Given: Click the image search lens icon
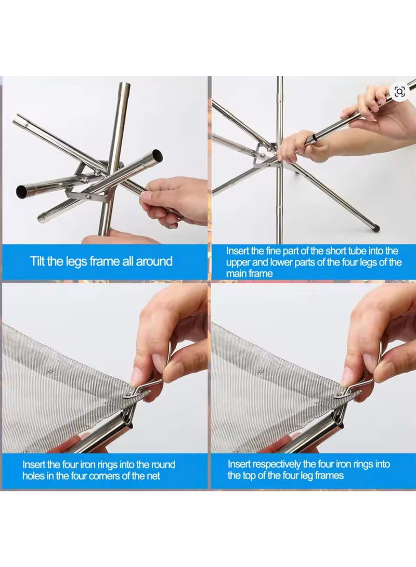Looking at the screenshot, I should coord(399,92).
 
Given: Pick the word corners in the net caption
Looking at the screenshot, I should coord(108,476).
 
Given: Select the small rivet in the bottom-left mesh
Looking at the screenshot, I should coord(44,372).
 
